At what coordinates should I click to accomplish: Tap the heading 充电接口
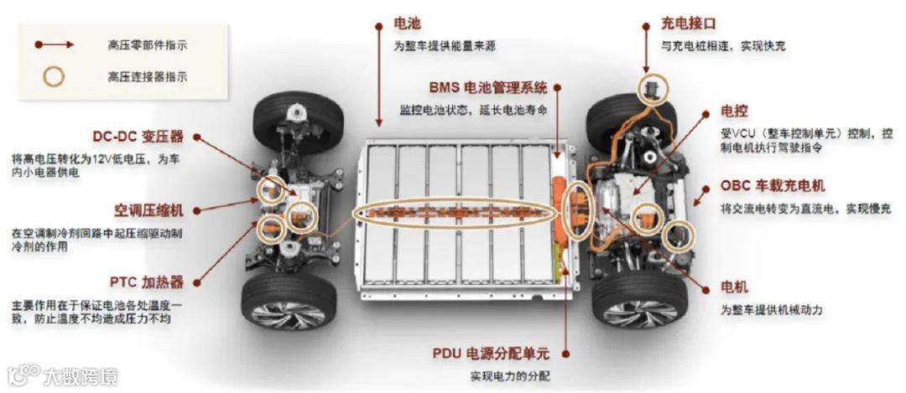[689, 23]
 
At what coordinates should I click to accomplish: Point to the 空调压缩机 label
[148, 209]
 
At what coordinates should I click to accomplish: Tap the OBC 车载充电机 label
[773, 186]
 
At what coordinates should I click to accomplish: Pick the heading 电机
[734, 287]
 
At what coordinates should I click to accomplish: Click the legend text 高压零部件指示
[148, 44]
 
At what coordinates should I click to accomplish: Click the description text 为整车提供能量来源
[444, 46]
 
